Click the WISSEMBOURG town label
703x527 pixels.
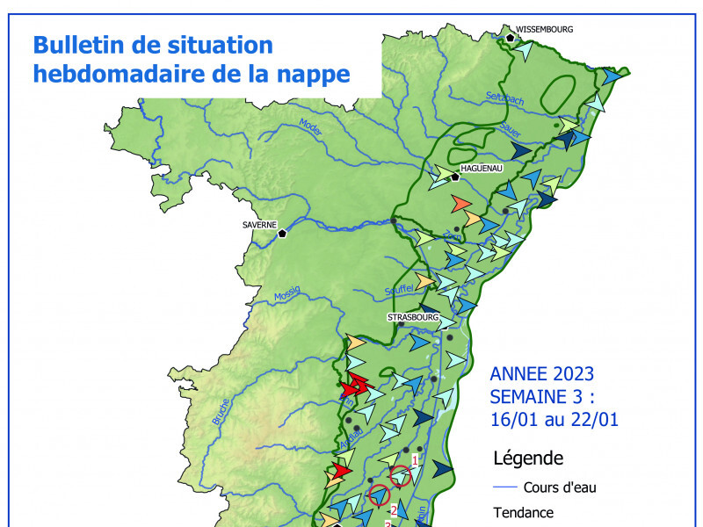click(544, 29)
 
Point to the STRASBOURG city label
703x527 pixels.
click(412, 317)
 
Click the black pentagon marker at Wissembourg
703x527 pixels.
click(510, 37)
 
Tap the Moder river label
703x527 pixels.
click(311, 128)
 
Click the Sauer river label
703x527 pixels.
click(510, 129)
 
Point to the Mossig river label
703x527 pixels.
click(287, 293)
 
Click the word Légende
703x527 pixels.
click(528, 458)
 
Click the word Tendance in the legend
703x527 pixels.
click(524, 514)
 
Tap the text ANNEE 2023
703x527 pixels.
click(542, 371)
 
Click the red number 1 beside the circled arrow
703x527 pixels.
click(415, 458)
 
